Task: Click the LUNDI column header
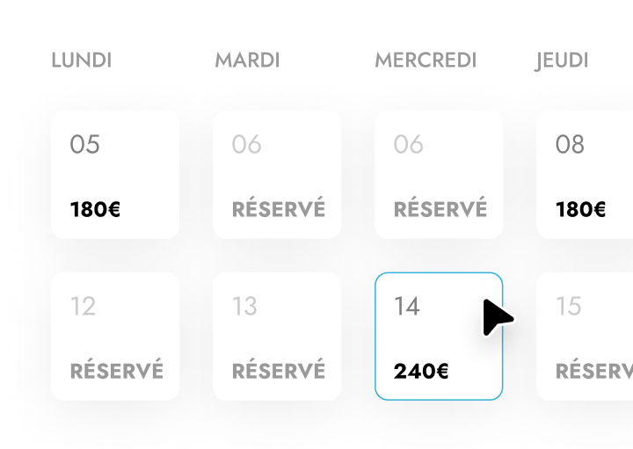tap(82, 61)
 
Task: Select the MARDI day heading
tap(247, 61)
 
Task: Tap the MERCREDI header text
tap(426, 61)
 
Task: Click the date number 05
tap(84, 144)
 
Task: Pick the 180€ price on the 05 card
tap(95, 209)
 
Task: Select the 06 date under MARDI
tap(247, 144)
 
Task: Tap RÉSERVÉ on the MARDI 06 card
tap(279, 207)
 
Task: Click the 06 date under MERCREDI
tap(409, 144)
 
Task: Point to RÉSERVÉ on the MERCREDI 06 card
tap(440, 207)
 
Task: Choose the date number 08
tap(570, 144)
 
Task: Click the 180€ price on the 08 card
tap(580, 209)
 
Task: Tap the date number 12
tap(84, 306)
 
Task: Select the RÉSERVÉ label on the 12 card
tap(117, 369)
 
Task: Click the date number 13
tap(244, 306)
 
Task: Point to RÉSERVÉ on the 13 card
tap(279, 369)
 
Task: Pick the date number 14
tap(407, 306)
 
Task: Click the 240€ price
tap(421, 371)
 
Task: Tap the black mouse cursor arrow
tap(496, 318)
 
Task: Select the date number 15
tap(569, 306)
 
